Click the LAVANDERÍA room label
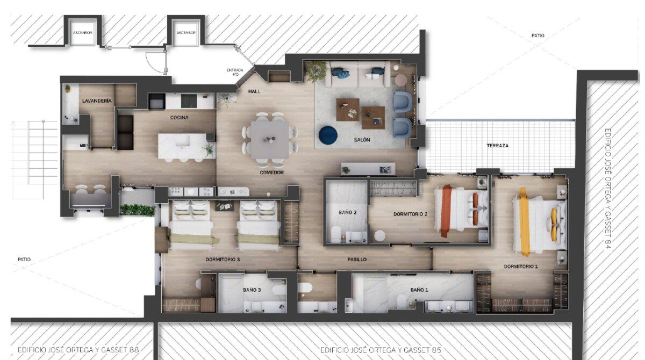coord(97,100)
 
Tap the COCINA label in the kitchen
coord(179,118)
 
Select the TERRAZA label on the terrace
coord(498,146)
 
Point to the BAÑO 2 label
coord(348,212)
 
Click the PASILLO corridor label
coord(357,260)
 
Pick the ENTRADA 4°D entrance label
coord(235,72)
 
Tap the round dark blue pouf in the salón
coord(328,135)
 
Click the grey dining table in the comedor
coord(270,140)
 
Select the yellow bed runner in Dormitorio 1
coord(525,221)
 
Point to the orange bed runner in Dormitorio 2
coord(446,211)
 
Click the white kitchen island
coord(187,146)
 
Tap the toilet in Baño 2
coord(336,234)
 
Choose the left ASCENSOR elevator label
coord(83,33)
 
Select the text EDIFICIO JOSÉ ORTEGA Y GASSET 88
coord(78,350)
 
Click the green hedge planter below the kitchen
coord(138,210)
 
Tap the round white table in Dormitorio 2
coord(379,236)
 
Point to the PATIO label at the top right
coord(538,35)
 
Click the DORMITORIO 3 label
coord(223,260)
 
